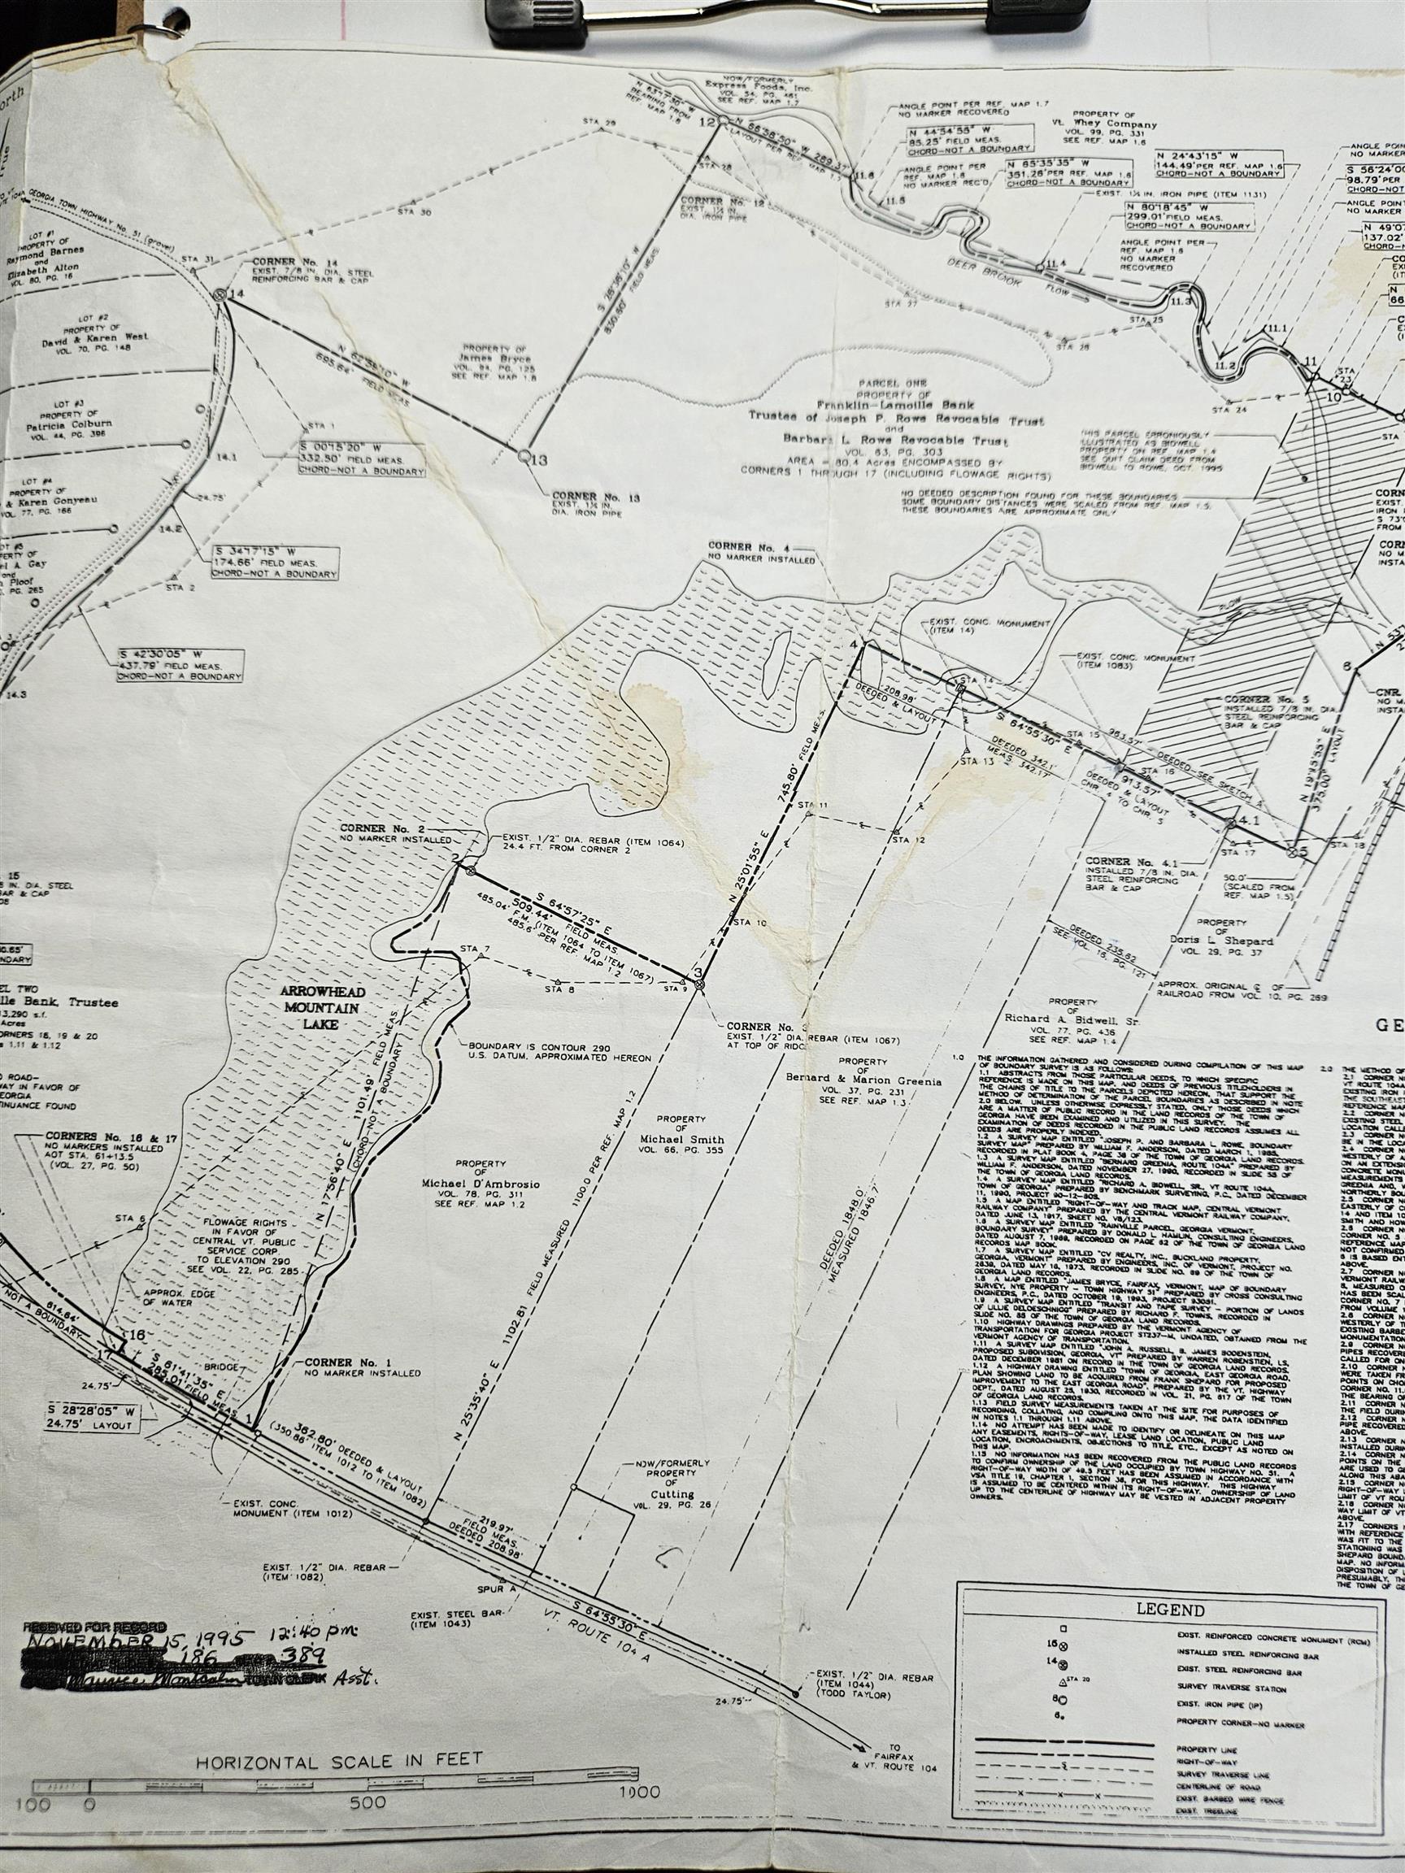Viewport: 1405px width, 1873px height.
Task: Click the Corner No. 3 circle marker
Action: (x=698, y=983)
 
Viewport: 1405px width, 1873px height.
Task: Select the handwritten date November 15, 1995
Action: (x=136, y=1635)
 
